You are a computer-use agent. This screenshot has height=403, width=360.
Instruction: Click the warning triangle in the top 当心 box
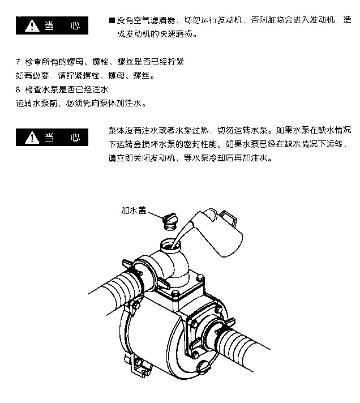pos(32,25)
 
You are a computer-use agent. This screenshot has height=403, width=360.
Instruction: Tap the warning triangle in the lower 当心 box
pos(32,138)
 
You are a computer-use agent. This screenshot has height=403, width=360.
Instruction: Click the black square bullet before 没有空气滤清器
pos(112,20)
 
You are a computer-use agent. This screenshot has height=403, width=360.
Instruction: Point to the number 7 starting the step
pos(18,62)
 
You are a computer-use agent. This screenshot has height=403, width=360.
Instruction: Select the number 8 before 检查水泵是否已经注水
pos(18,89)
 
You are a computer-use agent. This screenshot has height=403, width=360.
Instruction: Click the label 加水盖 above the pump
pos(134,210)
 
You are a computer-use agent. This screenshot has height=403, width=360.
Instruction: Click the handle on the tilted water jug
pos(228,218)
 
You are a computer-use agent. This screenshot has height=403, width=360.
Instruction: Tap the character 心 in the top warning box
pos(75,25)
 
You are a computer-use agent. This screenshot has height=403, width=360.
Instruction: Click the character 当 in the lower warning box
pos(49,138)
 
